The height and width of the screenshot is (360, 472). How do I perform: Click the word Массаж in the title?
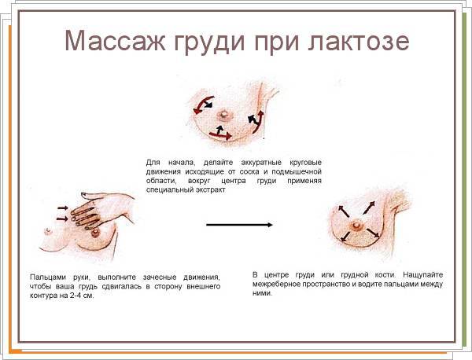115,40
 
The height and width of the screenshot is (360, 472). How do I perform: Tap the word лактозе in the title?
359,41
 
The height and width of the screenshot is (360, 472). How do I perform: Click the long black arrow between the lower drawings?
239,225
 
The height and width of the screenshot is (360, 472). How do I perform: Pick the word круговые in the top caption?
305,163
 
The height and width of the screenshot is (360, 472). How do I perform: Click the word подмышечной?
297,171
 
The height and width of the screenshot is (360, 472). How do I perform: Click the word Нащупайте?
423,275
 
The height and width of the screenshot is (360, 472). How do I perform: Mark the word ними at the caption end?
262,293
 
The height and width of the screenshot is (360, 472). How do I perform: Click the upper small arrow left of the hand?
63,208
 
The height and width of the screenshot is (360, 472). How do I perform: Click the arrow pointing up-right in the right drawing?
370,208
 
